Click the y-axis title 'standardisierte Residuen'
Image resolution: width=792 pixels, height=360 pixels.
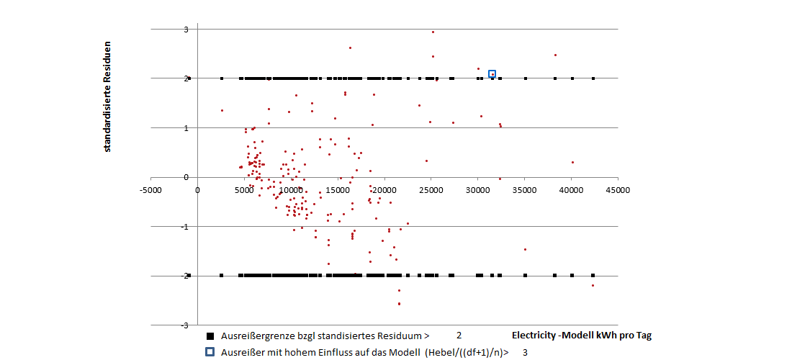(107, 96)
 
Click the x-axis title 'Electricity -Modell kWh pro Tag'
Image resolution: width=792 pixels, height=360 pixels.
(581, 336)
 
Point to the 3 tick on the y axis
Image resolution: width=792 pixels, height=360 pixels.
(186, 30)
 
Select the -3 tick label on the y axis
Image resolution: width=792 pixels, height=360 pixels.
(184, 325)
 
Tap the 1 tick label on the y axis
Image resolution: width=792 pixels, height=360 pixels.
(186, 128)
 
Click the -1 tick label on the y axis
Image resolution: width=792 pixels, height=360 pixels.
(184, 227)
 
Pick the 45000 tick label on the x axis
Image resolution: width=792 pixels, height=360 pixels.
(618, 190)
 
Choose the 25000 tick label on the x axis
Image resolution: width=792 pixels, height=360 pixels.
(431, 190)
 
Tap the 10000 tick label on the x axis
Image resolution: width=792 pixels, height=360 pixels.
(291, 190)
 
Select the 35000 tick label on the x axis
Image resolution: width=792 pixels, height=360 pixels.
(525, 190)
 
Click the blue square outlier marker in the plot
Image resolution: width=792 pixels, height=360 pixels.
(492, 74)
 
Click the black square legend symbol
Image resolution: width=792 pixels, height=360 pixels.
(210, 336)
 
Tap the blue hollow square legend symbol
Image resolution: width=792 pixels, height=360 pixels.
(210, 352)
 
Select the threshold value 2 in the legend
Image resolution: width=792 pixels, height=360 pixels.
(459, 336)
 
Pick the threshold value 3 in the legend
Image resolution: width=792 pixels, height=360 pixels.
(525, 352)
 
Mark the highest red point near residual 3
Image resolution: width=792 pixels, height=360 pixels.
(433, 32)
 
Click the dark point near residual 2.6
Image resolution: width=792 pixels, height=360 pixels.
(350, 48)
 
